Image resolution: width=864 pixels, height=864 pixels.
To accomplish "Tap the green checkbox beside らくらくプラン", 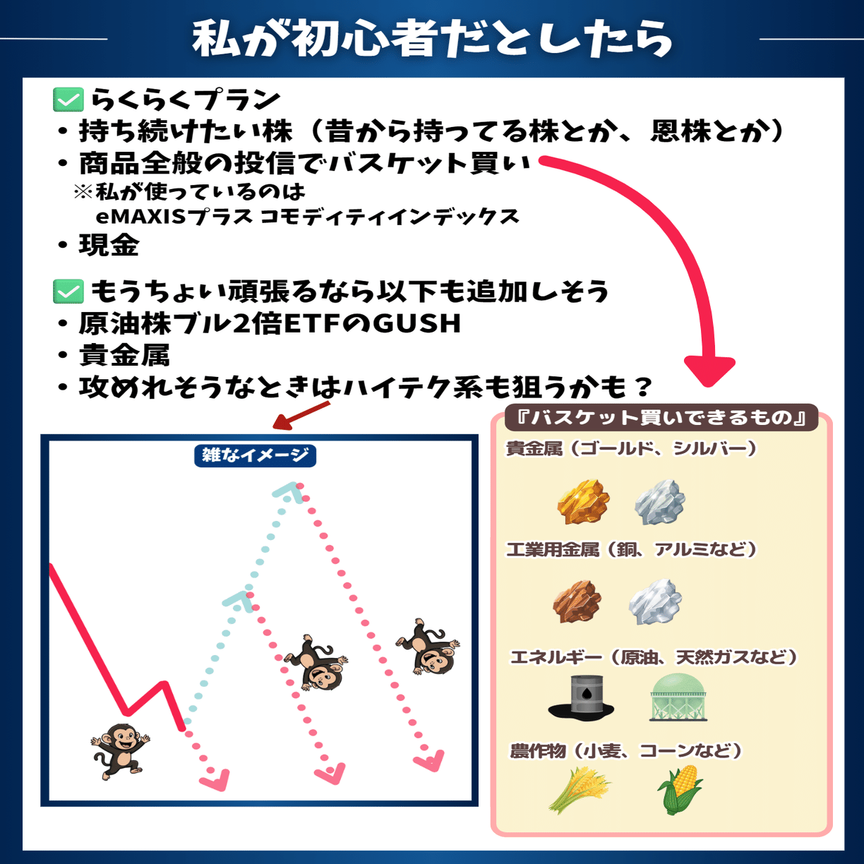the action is [68, 100].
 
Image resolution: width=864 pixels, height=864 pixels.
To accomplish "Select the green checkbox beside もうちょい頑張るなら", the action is [68, 291].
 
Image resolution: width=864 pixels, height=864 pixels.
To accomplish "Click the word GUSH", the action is [416, 323].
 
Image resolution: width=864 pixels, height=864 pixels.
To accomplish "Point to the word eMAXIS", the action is [140, 216].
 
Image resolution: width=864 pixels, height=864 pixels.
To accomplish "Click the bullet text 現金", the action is [109, 246].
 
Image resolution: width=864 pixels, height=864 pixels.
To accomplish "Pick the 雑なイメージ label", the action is [255, 455].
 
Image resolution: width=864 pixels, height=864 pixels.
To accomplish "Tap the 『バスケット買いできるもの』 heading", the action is [661, 417].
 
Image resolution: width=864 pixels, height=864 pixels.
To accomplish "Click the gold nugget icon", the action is [583, 502].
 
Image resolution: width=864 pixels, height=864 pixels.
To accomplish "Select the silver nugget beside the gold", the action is [660, 502].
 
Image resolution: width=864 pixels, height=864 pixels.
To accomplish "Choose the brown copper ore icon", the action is [577, 601].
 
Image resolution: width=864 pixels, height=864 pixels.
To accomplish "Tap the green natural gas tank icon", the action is [678, 697].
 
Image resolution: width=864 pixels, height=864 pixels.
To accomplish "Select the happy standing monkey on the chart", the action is [119, 750].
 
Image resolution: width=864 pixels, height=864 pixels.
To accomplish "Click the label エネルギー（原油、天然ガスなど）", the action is [654, 657].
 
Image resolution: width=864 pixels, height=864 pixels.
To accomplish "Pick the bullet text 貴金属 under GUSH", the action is [124, 355].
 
